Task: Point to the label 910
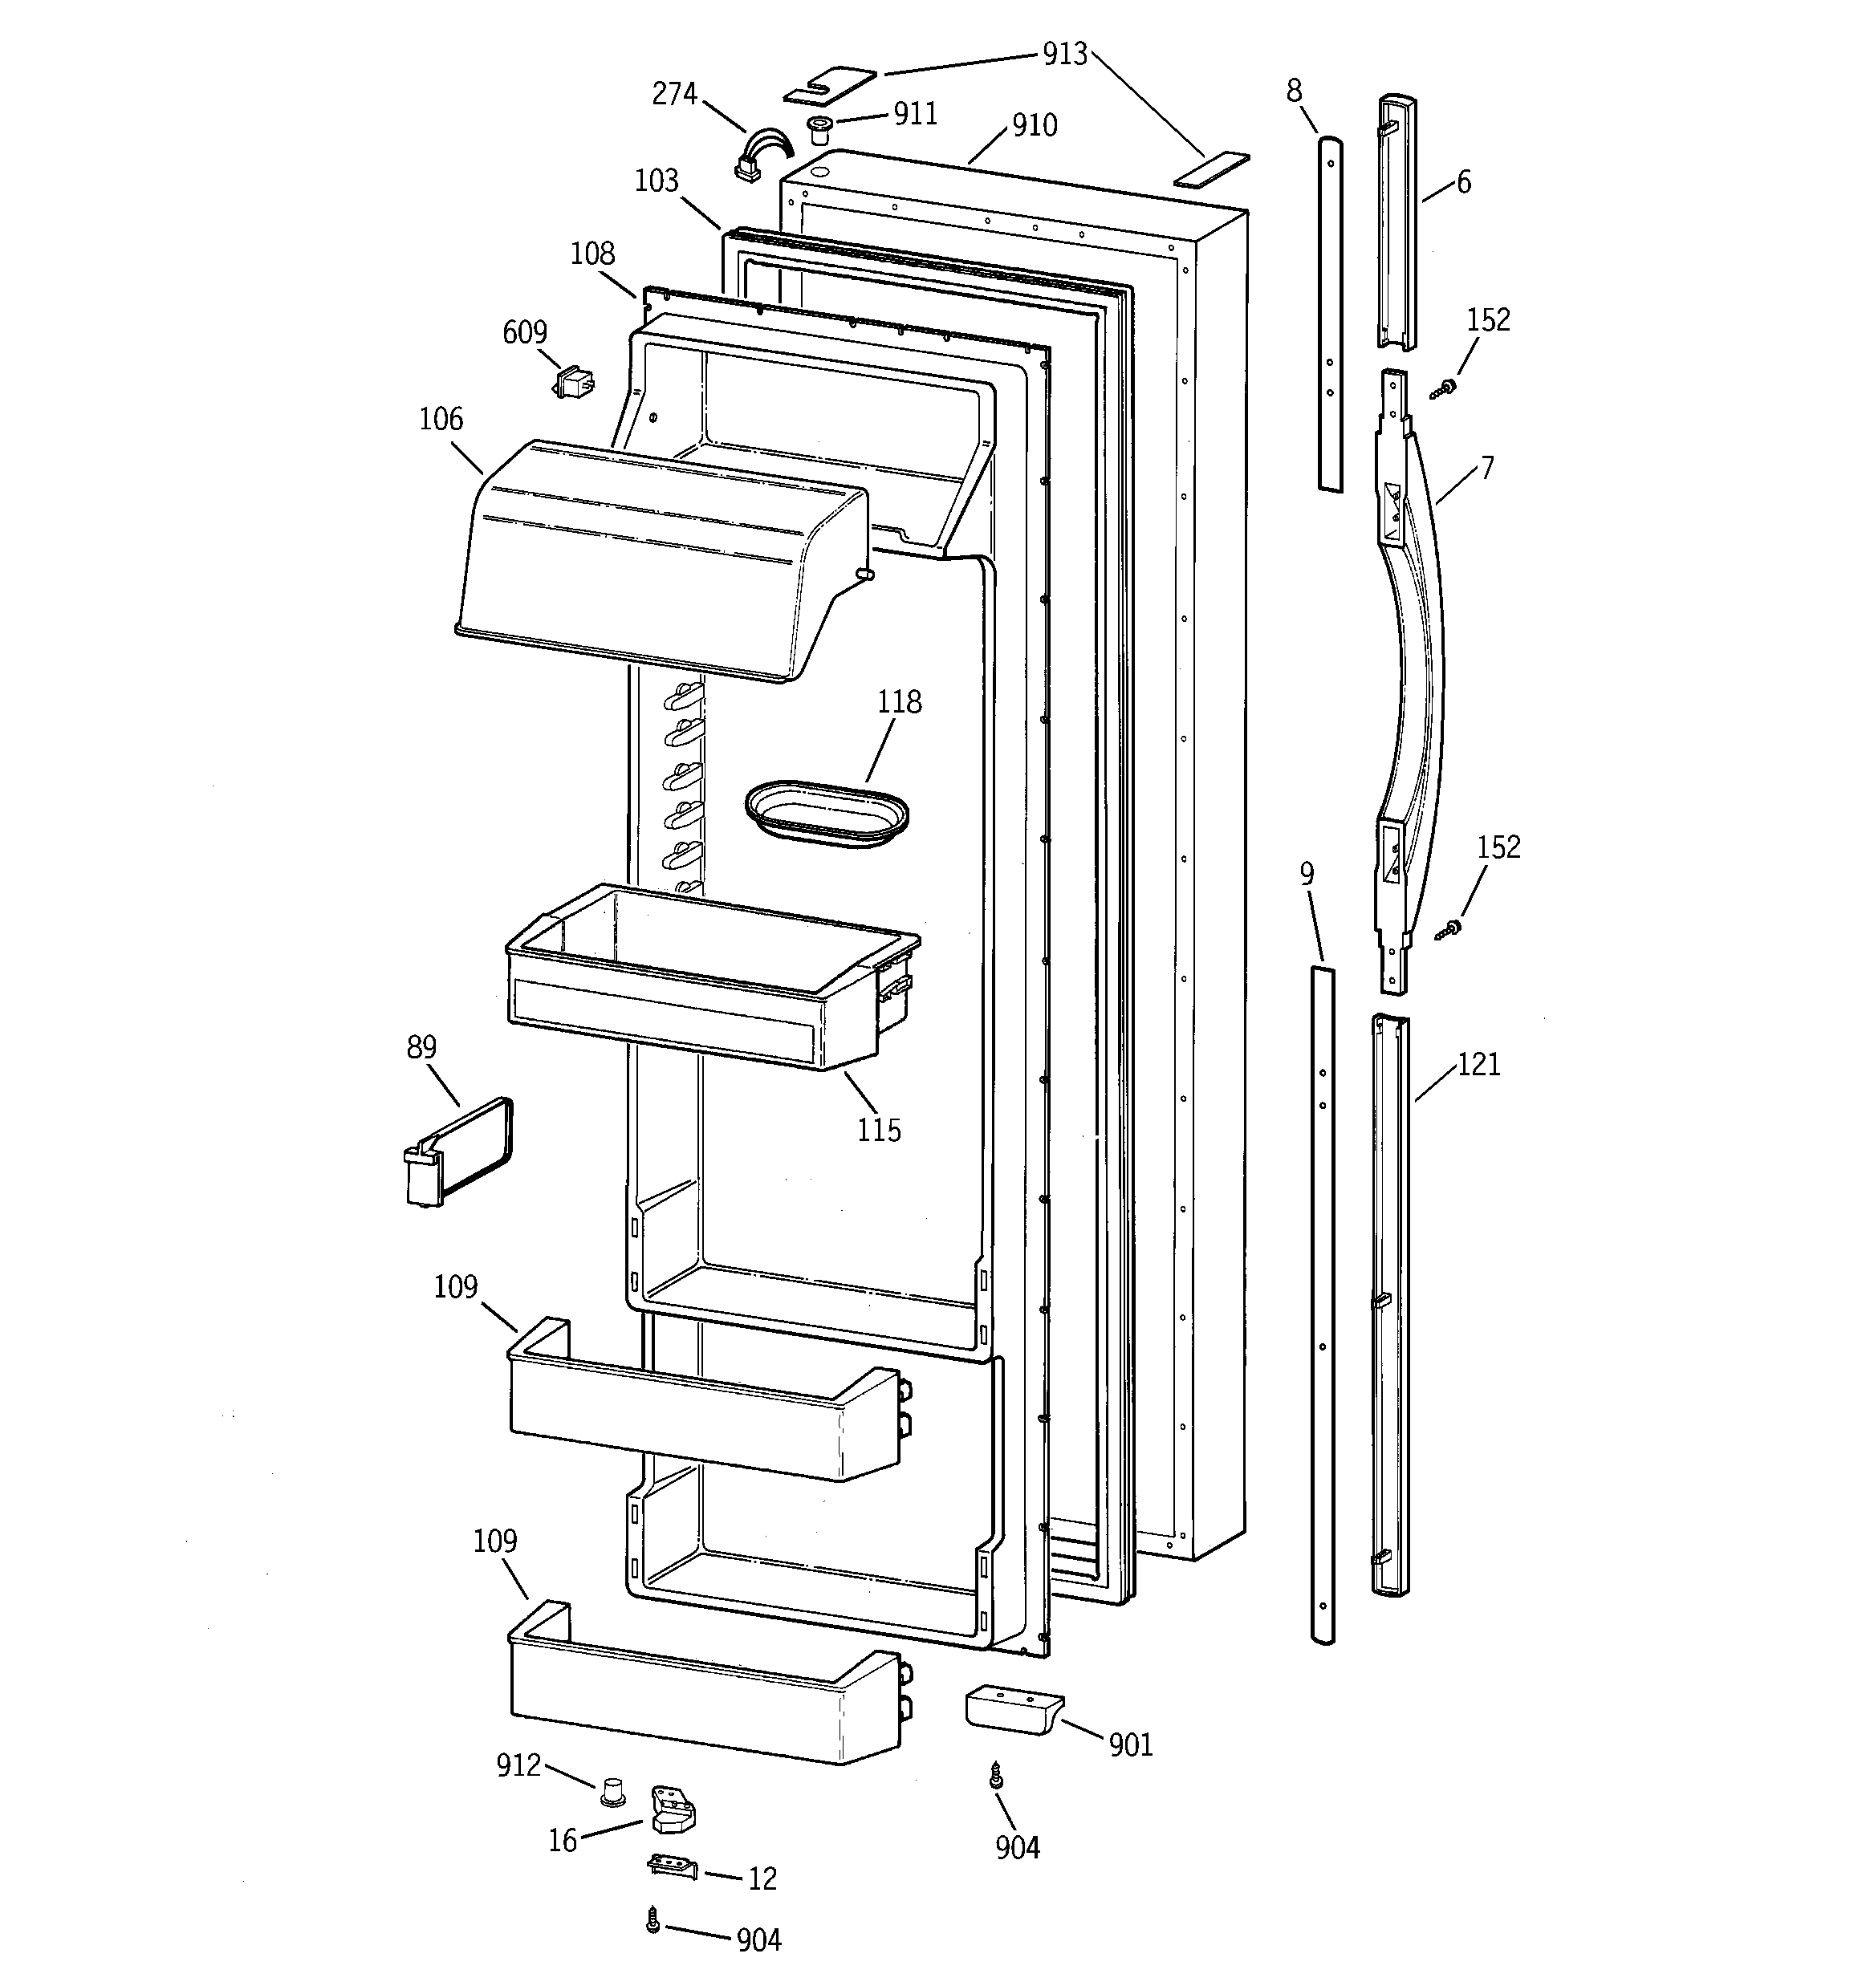tap(1034, 125)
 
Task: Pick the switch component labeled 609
tap(573, 382)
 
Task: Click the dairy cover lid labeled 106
tap(660, 559)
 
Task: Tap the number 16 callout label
tap(563, 1840)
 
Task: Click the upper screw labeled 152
tap(1445, 387)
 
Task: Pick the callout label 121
tap(1478, 1064)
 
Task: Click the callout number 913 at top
tap(1064, 54)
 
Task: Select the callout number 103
tap(656, 181)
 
